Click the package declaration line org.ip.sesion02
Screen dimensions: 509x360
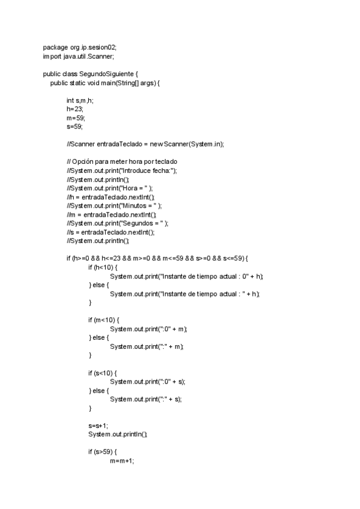point(84,47)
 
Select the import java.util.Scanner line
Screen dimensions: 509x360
point(78,56)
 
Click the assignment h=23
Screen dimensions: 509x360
point(74,109)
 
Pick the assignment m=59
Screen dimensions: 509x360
point(76,118)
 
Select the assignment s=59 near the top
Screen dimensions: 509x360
point(74,127)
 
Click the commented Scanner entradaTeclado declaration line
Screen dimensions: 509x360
point(145,144)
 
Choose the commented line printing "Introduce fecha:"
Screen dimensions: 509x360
point(122,170)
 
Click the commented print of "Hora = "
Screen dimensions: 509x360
point(109,188)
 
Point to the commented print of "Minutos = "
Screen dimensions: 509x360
point(113,205)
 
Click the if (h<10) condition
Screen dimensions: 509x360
point(103,267)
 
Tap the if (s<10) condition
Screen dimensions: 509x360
point(103,373)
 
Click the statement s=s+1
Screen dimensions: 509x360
point(98,425)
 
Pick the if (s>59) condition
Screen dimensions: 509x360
point(103,451)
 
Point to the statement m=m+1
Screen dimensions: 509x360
point(122,460)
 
